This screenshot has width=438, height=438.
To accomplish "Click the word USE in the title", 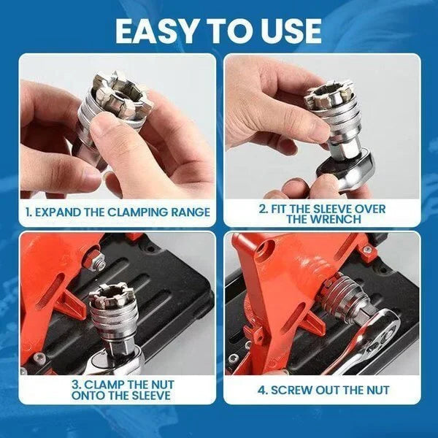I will (x=290, y=30).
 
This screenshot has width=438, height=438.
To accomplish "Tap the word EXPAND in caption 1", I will (x=61, y=212).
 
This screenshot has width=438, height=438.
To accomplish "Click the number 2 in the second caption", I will (x=263, y=208).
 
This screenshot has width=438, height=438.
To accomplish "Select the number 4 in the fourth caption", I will (x=261, y=390).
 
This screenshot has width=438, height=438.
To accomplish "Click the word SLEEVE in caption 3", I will (x=147, y=395).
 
